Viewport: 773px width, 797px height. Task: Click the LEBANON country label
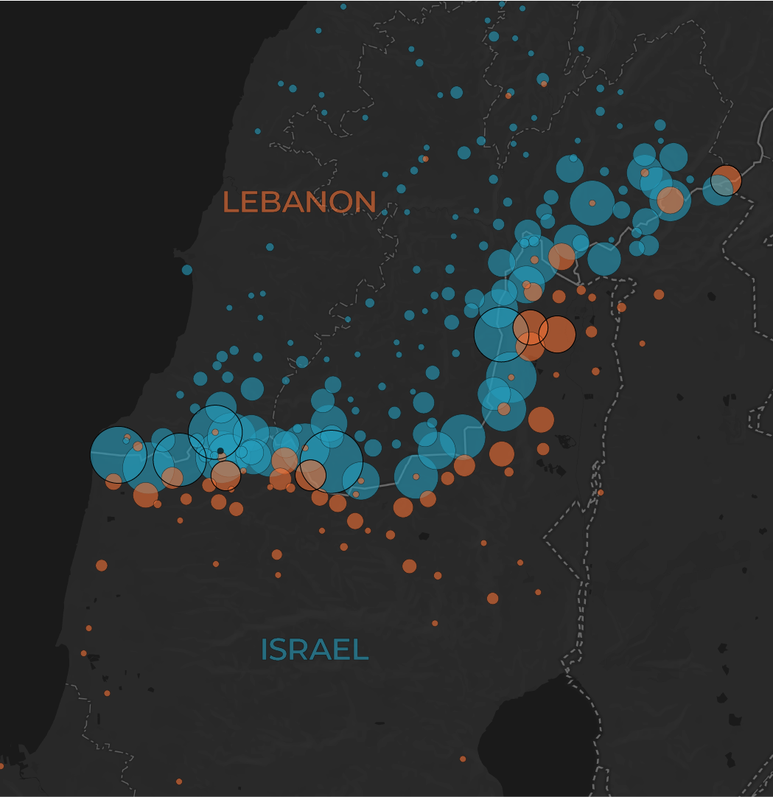299,202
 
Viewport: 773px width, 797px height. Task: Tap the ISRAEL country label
314,650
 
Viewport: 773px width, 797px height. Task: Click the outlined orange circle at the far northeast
726,181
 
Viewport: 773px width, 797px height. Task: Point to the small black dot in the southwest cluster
220,450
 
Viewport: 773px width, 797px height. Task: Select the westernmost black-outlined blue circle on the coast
119,455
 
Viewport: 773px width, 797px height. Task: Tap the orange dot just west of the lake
463,759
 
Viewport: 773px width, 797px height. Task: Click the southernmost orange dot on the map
179,782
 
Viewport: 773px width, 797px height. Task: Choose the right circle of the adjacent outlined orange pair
557,334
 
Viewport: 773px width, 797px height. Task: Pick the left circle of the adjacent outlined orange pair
531,328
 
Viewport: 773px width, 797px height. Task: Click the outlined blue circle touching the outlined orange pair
501,334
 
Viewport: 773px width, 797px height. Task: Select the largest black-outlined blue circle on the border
332,461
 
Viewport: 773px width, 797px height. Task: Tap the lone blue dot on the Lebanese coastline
187,270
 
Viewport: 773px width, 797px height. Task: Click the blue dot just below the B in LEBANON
270,247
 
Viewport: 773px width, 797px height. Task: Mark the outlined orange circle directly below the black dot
225,476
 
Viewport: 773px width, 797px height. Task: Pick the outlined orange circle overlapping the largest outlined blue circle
311,475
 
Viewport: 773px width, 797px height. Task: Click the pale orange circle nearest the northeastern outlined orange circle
670,200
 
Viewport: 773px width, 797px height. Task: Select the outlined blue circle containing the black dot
215,432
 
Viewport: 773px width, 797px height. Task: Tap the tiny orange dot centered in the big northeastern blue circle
592,203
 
